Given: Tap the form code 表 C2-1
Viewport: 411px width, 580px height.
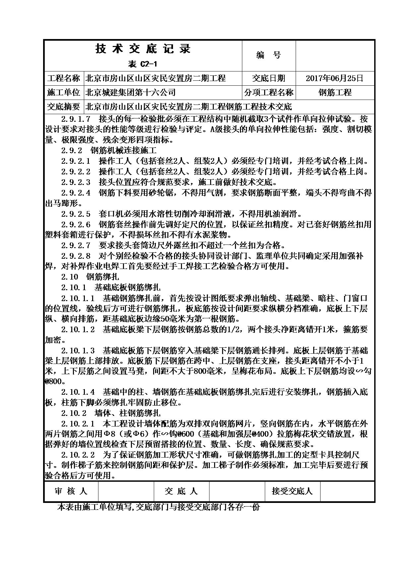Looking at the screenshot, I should [142, 64].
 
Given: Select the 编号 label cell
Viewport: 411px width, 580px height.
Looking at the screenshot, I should [268, 55].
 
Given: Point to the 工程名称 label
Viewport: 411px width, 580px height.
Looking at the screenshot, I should [64, 78].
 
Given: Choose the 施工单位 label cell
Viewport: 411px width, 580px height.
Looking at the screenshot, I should [64, 93].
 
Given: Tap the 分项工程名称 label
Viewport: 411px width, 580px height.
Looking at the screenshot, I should [269, 93].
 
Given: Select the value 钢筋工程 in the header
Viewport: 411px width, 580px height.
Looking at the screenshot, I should [335, 93].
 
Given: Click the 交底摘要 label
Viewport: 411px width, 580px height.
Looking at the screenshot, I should [64, 107].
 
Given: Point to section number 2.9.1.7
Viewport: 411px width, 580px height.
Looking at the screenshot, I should [76, 119].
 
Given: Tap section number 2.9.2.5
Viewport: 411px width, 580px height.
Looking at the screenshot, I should [76, 214].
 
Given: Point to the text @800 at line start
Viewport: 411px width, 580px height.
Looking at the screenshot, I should [53, 381].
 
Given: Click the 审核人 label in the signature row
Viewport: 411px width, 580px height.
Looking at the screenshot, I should [71, 491].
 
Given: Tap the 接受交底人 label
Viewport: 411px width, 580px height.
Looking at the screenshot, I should [292, 491].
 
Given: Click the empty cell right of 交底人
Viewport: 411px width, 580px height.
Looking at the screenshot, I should [237, 491].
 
